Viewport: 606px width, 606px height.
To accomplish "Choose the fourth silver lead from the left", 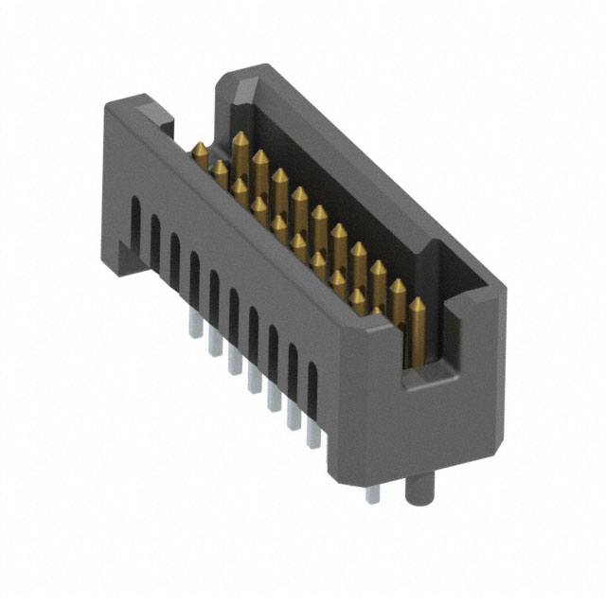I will (253, 381).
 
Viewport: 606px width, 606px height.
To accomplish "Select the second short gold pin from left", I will (220, 172).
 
